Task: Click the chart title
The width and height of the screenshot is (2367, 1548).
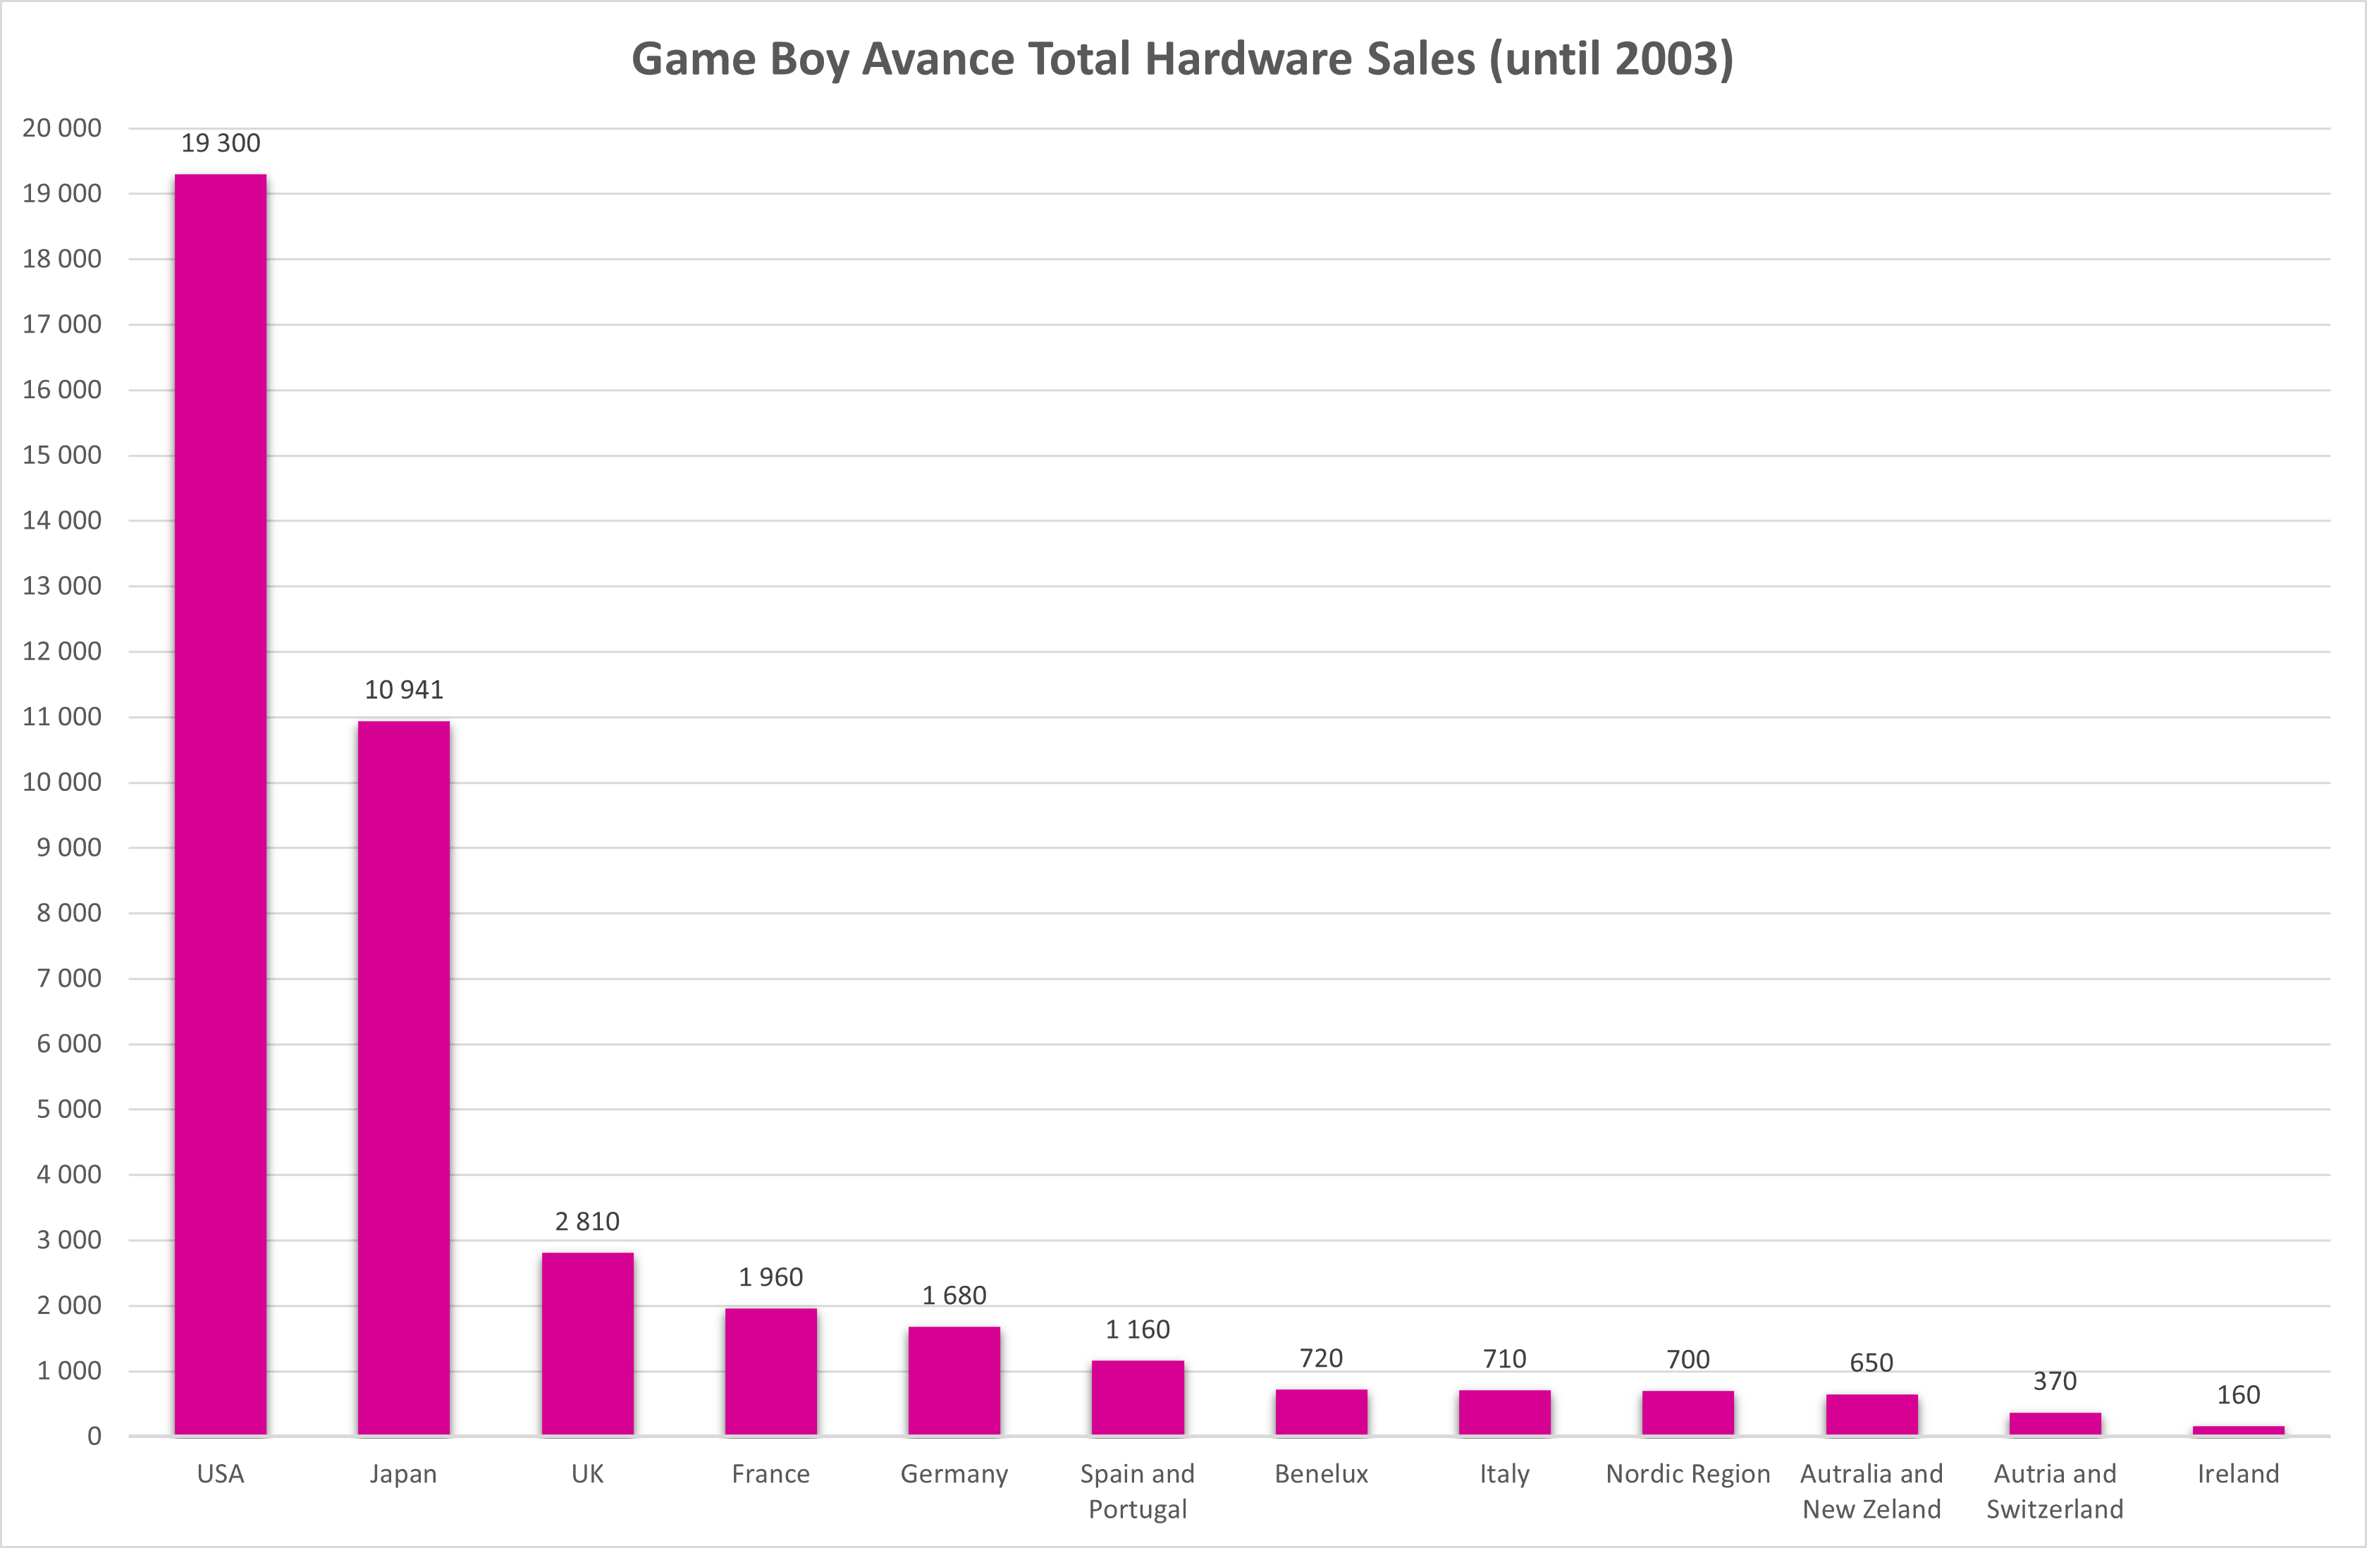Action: point(1183,59)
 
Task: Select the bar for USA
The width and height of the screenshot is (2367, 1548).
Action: point(221,805)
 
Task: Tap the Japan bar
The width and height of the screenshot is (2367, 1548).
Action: point(404,1079)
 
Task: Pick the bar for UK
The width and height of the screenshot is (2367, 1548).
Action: point(588,1344)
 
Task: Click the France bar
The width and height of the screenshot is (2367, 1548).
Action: point(770,1372)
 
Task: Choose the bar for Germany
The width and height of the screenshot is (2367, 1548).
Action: point(954,1381)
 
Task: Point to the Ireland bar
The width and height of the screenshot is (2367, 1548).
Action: point(2239,1430)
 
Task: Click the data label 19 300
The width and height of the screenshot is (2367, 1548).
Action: point(221,143)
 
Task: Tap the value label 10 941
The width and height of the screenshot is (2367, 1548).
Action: point(404,689)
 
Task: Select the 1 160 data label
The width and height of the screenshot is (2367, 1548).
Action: point(1138,1329)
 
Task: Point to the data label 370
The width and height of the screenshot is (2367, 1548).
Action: point(2055,1381)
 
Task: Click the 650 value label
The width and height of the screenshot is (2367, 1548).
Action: point(1871,1363)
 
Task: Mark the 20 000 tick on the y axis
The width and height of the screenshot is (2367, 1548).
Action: point(61,128)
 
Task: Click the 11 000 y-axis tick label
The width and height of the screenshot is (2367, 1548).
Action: point(61,718)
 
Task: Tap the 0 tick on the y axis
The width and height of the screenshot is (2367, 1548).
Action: point(94,1437)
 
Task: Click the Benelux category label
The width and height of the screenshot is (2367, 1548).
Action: point(1322,1473)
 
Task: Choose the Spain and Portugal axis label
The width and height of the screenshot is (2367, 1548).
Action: point(1138,1492)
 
